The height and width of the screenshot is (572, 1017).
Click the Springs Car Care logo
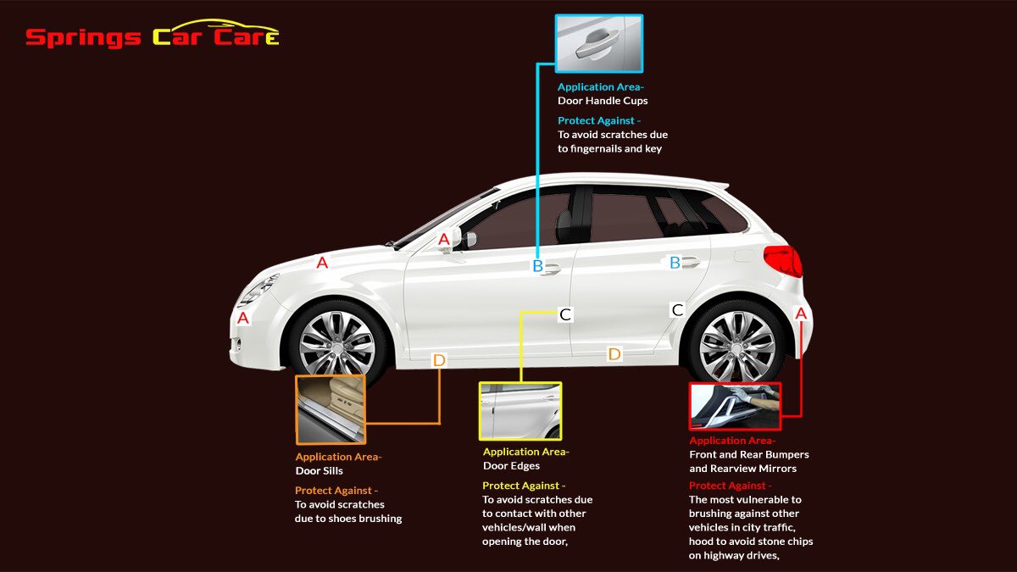coord(152,36)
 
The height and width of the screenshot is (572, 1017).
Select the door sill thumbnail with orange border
coord(331,410)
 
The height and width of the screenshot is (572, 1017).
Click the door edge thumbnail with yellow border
coord(520,411)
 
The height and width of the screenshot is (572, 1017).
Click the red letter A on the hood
coord(322,263)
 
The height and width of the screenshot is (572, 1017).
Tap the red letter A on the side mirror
coord(444,241)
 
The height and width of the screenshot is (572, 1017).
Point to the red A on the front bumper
coord(243,319)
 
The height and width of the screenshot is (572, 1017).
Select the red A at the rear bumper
coord(801,314)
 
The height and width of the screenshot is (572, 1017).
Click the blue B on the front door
coord(537,266)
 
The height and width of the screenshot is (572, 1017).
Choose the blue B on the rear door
coord(675,263)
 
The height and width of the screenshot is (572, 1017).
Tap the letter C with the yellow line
coord(565,314)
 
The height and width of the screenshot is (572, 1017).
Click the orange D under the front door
coord(438,360)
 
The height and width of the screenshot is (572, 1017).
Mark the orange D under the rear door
coord(614,353)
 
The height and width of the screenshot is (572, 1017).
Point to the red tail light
coord(782,260)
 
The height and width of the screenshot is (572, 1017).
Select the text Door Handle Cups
coord(603,101)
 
